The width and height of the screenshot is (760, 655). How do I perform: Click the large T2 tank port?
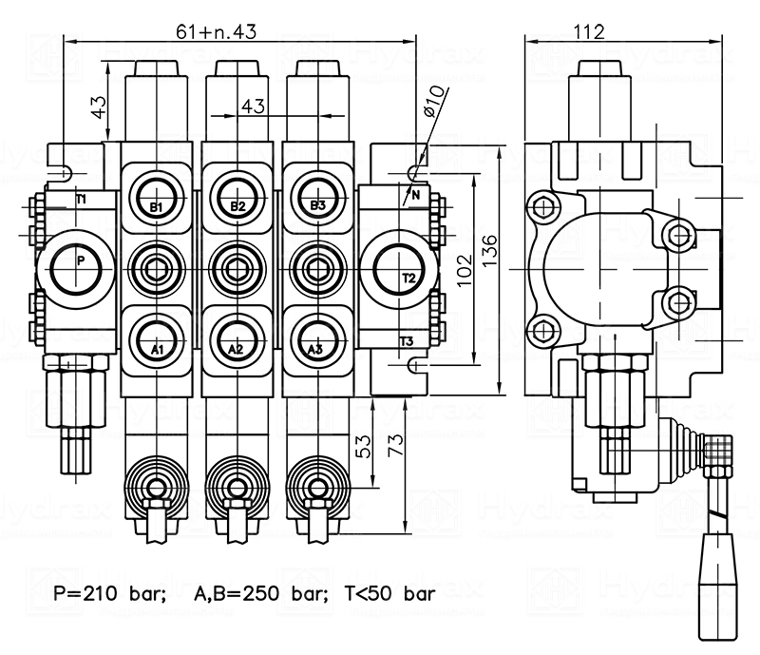point(399,268)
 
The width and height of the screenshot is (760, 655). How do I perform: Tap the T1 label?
point(81,199)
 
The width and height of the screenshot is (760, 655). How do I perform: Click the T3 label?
point(407,341)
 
